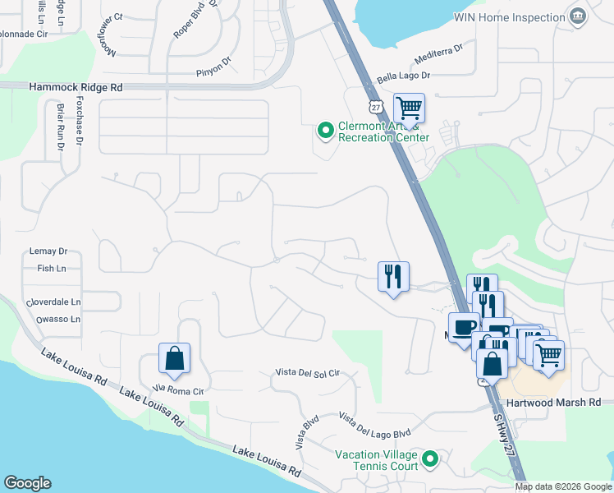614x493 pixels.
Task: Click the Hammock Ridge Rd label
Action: coord(76,86)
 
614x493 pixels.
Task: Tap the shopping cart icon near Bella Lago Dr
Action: coord(409,108)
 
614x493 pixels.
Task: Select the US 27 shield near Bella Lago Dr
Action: coord(375,107)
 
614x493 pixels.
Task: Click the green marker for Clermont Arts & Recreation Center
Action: coord(325,130)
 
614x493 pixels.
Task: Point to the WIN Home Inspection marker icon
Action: coord(579,16)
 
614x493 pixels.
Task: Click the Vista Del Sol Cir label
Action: coord(307,373)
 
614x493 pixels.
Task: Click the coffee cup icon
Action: coord(465,326)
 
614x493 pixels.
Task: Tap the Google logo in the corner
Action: coord(27,483)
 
